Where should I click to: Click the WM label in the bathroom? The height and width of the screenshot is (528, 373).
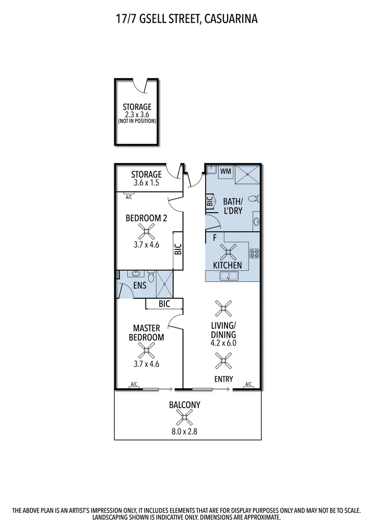tap(226, 171)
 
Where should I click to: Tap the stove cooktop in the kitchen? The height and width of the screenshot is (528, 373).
tap(254, 253)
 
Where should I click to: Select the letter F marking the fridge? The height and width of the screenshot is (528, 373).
tap(214, 239)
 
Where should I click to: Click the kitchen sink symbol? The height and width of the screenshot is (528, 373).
tap(229, 276)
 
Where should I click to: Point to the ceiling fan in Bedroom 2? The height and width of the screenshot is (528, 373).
tap(146, 230)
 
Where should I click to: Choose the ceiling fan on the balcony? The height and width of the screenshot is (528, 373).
tap(184, 417)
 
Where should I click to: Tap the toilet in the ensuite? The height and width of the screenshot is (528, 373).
tap(151, 279)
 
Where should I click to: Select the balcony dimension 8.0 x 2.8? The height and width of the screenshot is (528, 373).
tap(185, 432)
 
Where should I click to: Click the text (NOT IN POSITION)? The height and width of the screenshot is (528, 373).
tap(137, 121)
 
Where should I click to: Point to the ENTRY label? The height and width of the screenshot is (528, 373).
tap(224, 379)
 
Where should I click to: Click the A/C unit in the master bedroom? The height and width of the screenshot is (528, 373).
tap(133, 385)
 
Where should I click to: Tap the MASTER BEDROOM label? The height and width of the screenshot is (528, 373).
tap(146, 332)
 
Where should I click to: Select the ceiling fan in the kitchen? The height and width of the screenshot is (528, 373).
tap(228, 252)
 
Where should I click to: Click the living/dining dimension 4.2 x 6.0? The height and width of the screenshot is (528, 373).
tap(224, 343)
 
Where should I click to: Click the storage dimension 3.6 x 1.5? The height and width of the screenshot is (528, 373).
tap(146, 184)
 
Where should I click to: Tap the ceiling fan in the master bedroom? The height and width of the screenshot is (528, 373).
tap(146, 350)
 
